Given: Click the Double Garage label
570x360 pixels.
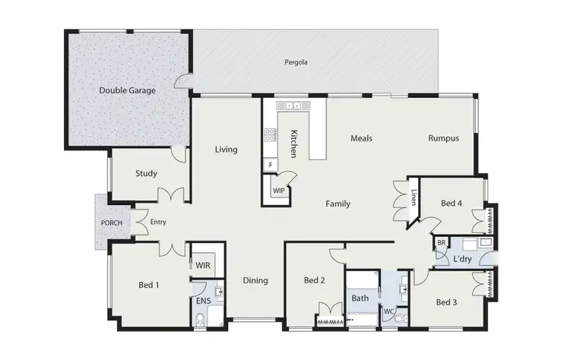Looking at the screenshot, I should tap(127, 90).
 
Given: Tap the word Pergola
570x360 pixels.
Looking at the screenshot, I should tap(296, 62).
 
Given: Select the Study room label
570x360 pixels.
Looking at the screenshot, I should tap(146, 173).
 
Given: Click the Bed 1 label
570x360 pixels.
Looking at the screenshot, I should tap(149, 285).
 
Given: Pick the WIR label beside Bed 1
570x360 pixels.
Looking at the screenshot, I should tap(203, 266).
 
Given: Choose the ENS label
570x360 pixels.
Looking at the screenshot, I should tap(203, 301).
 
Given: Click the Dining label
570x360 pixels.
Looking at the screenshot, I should tap(255, 280).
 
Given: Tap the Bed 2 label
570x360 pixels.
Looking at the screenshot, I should tap(314, 280).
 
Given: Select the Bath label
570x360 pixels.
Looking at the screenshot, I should tap(360, 298).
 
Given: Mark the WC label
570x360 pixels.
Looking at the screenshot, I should tap(388, 311).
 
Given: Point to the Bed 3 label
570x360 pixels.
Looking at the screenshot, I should tap(447, 302).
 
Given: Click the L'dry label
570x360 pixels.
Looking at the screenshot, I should tap(463, 260).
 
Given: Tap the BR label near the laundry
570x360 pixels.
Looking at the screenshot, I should tap(441, 243).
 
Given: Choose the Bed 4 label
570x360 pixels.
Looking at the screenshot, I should tap(451, 203).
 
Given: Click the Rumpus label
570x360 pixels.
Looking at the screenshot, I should tap(443, 138).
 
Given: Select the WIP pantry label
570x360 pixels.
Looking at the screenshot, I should tap(278, 191).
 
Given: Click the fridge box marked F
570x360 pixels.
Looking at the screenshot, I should tap(270, 164).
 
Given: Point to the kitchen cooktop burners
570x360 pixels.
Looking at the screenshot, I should tap(269, 135).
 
